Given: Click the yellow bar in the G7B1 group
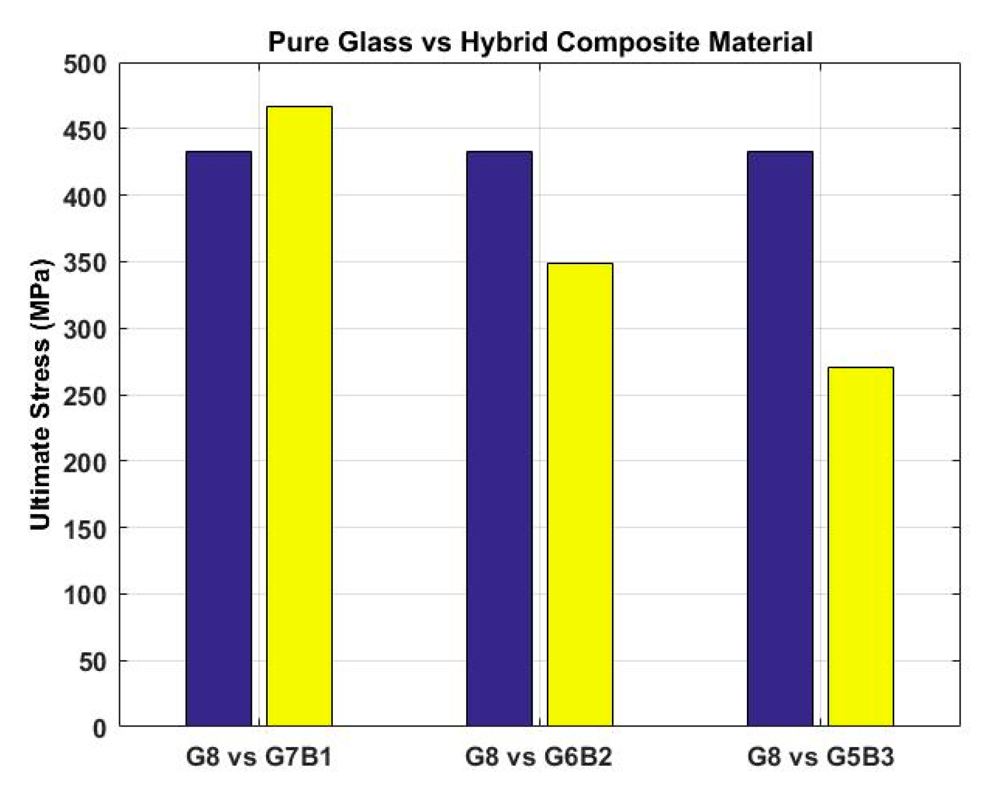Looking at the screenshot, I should (299, 416).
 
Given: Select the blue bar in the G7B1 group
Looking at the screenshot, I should (219, 437).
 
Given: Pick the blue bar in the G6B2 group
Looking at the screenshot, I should (499, 437).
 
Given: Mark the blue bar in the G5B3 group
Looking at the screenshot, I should (780, 437).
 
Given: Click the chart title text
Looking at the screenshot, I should (540, 42).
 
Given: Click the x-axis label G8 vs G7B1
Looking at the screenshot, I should (259, 757).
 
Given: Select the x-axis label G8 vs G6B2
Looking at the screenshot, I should (539, 757).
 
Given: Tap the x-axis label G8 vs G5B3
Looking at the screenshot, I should (821, 757).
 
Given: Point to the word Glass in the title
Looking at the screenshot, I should (375, 42).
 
